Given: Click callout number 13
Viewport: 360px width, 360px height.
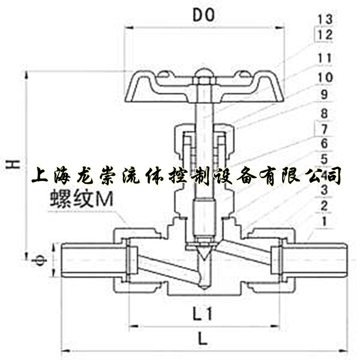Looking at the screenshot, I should [325, 20].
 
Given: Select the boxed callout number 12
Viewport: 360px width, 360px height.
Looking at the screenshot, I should [325, 35].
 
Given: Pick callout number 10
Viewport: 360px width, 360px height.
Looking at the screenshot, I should [325, 77].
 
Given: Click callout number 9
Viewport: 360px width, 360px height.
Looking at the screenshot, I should [325, 95].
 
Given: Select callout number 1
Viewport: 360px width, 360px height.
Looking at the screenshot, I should [325, 222].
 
